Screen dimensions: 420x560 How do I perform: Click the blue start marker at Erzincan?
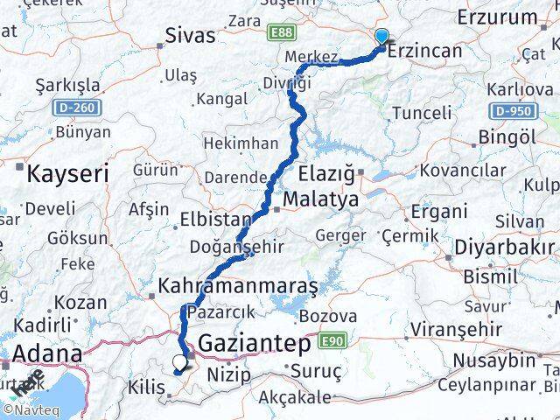coord(382,37)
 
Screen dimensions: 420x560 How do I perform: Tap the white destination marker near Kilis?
coord(180,361)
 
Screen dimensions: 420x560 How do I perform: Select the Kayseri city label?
coord(68,172)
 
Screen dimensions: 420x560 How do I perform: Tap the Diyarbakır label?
coord(502,248)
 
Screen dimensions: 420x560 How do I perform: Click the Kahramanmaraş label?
coord(237,285)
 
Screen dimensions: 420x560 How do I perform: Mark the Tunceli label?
coord(422,113)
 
